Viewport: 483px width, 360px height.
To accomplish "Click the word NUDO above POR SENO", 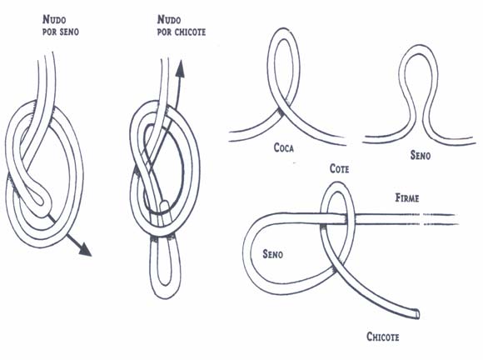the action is coord(54,20).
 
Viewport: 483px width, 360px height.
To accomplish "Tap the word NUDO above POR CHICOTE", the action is coord(169,20).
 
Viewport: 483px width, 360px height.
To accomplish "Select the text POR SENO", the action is coord(61,32).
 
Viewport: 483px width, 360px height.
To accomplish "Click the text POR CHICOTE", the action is coord(182,32).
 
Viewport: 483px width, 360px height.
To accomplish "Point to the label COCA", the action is coord(284,148).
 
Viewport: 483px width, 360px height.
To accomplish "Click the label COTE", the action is coord(340,169).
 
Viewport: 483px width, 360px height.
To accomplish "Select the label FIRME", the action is coord(407,197).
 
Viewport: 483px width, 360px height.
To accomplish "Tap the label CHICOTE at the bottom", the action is coord(383,337).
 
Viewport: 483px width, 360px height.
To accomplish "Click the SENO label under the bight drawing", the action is coord(421,155).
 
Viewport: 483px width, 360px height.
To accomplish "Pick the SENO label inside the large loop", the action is coord(272,254).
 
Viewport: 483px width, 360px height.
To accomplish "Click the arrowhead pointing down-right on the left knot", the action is coord(85,249).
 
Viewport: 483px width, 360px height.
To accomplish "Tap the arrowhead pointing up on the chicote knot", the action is coord(180,68).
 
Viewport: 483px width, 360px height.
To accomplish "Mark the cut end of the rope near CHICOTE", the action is coord(416,314).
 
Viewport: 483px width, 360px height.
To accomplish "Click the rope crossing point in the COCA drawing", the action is coord(284,107).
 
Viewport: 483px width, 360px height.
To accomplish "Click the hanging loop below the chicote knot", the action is coord(166,269).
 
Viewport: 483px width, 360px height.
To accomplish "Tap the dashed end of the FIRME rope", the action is coord(441,219).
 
